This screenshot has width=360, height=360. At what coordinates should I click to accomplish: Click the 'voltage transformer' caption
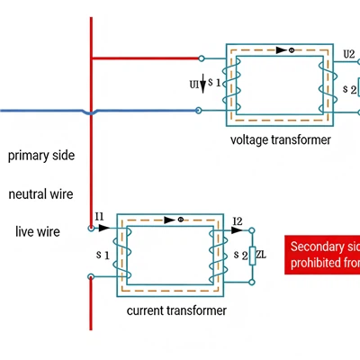click(281, 139)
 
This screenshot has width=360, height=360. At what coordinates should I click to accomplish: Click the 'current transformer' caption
click(176, 310)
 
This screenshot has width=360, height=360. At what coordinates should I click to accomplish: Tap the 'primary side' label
click(41, 156)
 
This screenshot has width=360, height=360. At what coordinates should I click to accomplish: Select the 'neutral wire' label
click(40, 193)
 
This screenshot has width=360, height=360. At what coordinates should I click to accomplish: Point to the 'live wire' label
click(38, 231)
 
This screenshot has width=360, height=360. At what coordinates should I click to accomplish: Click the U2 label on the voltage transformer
click(348, 54)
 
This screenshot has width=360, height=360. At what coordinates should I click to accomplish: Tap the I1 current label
click(100, 217)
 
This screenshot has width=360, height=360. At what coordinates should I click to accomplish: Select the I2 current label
click(237, 220)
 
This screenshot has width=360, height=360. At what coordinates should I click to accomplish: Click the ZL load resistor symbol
click(253, 256)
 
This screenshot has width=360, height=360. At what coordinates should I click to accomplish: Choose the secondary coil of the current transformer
click(215, 256)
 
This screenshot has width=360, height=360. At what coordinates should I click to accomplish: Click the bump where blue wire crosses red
click(90, 112)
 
